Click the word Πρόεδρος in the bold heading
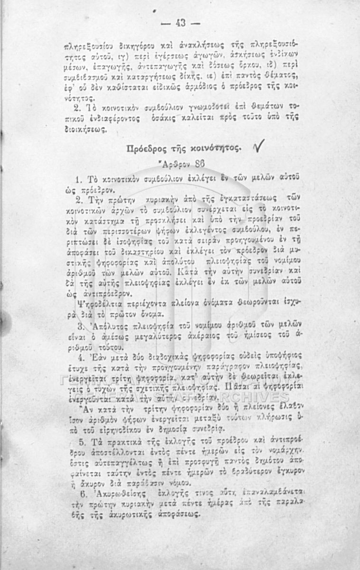[x=145, y=149]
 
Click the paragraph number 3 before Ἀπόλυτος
[x=80, y=326]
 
